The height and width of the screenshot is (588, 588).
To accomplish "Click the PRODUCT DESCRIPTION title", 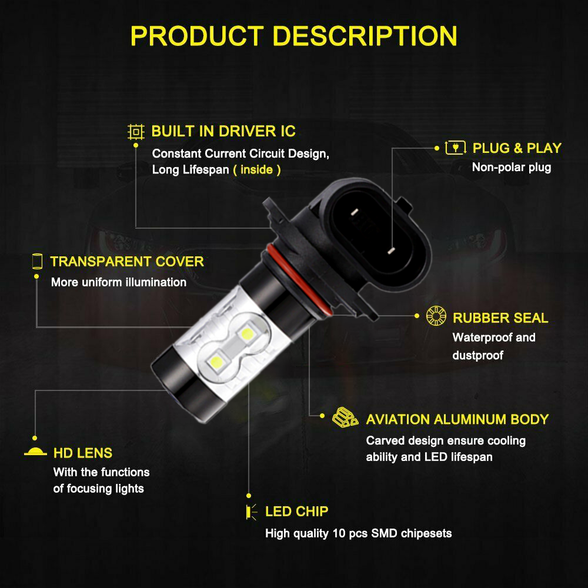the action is pos(293,36).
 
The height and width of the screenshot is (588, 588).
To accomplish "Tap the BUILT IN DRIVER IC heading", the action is pos(223,131).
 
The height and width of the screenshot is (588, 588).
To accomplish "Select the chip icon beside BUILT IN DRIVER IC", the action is pos(136,132).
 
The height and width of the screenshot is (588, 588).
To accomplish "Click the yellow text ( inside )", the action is pos(257,170).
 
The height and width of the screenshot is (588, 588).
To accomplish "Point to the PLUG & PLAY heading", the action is pos(517,148).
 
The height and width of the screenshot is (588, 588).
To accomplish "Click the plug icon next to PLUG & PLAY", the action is pos(455,148).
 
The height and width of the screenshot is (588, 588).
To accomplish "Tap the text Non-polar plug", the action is pos(512,167).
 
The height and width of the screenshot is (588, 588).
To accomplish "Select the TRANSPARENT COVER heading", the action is pos(127,262).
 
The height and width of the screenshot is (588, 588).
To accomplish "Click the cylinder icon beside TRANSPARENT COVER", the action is pos(37,262).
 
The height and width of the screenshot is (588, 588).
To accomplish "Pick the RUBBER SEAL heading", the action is pos(500,318).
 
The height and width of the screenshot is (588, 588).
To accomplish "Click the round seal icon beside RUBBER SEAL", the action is pos(436,316).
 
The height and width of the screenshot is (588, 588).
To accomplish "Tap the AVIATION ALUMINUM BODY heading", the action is pos(457,419).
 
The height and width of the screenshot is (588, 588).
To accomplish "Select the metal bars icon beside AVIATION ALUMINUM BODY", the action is pos(345,417).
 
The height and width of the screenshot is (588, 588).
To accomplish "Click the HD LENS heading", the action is pos(83,453).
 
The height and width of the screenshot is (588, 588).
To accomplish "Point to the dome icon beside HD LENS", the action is pos(35,452).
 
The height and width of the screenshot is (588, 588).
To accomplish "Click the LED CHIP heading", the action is pos(296,512).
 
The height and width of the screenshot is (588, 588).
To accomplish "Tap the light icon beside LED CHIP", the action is pos(252,512).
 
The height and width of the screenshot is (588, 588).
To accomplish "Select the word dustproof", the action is pos(477,355).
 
